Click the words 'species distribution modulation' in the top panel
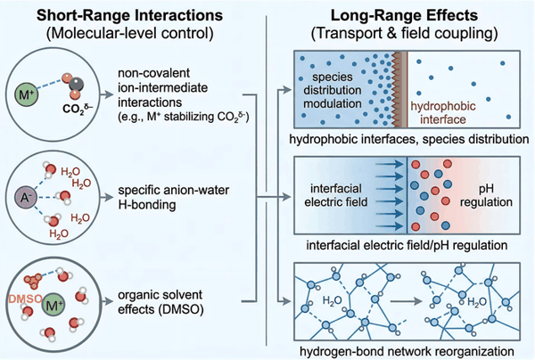(x=338, y=95)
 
